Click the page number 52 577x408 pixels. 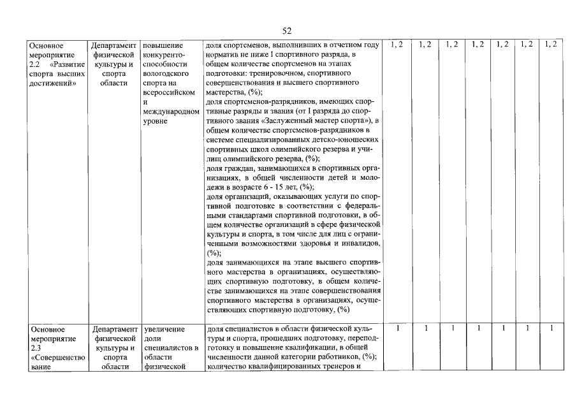(287, 31)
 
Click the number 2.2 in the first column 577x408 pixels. (36, 64)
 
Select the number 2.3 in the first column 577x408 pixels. (36, 348)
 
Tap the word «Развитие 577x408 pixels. (67, 64)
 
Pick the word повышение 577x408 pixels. (163, 45)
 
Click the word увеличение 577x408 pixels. (164, 329)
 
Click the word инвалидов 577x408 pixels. (358, 244)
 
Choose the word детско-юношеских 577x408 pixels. (347, 140)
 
